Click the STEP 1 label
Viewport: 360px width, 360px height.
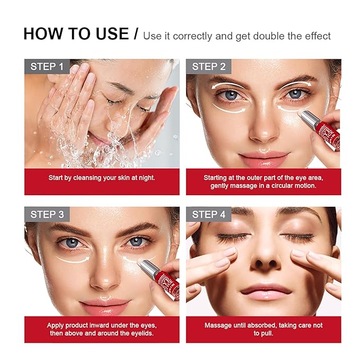click(47, 67)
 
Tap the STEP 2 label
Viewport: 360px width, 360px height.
click(208, 67)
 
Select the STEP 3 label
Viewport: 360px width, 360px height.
click(47, 215)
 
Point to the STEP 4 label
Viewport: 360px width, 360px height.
click(209, 215)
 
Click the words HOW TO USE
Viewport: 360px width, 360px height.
click(76, 34)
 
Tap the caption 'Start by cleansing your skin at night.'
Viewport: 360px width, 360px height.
click(102, 178)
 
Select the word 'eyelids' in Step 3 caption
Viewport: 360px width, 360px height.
click(139, 333)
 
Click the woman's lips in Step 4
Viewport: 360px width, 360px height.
click(264, 291)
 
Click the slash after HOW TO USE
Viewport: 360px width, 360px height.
click(136, 34)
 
